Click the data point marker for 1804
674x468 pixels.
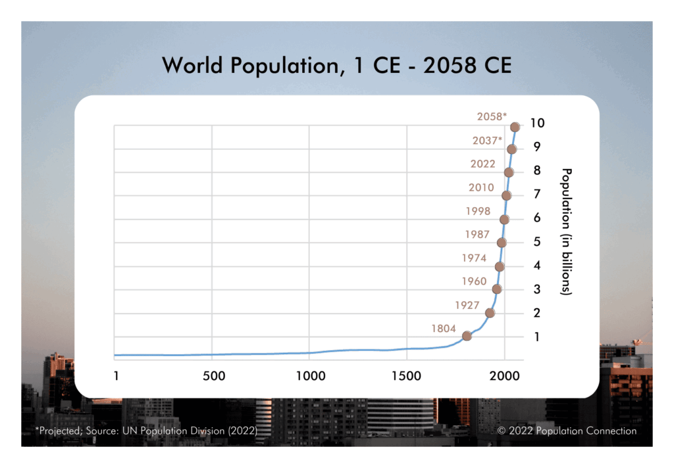[x=467, y=336]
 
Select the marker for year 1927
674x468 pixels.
[x=490, y=313]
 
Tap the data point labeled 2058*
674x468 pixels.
[x=515, y=127]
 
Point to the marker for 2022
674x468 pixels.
[x=509, y=172]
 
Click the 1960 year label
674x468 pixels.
[x=473, y=281]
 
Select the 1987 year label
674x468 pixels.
[x=478, y=235]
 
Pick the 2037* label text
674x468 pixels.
[x=487, y=141]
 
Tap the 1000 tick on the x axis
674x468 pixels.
[x=309, y=376]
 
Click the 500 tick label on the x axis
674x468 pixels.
[x=214, y=376]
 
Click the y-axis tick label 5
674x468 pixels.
[x=537, y=242]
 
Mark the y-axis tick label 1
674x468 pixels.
[x=537, y=337]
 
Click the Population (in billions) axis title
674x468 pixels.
[x=565, y=231]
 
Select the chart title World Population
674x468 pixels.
[x=336, y=65]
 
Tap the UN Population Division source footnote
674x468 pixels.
[x=145, y=431]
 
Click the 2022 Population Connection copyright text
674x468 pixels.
[x=567, y=431]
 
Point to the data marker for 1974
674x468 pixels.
[x=500, y=266]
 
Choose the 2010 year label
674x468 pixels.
[x=481, y=187]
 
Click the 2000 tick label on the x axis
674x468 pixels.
[x=504, y=376]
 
